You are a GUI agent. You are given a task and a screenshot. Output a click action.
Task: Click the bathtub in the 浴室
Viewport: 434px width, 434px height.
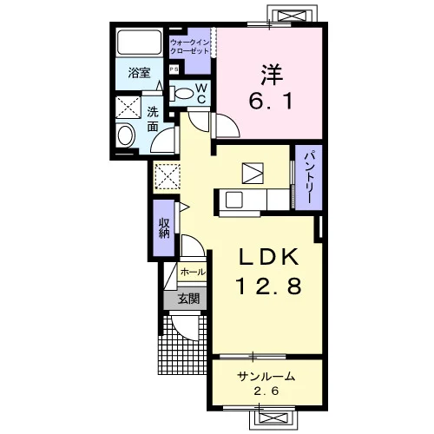pyautogui.click(x=139, y=43)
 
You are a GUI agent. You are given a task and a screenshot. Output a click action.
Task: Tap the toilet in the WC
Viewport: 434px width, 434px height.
pyautogui.click(x=181, y=94)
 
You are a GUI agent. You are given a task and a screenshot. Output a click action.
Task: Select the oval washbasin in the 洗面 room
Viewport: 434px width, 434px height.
pyautogui.click(x=127, y=135)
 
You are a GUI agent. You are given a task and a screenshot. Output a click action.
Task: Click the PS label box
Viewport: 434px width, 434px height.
pyautogui.click(x=174, y=69)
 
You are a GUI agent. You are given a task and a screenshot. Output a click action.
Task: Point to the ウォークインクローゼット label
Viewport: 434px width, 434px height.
pyautogui.click(x=189, y=47)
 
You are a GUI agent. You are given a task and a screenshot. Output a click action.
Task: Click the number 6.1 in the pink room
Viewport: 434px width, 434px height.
pyautogui.click(x=271, y=101)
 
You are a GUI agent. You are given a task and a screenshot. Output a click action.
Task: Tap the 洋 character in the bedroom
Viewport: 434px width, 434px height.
pyautogui.click(x=272, y=75)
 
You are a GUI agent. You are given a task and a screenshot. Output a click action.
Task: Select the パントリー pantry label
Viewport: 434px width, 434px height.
pyautogui.click(x=308, y=177)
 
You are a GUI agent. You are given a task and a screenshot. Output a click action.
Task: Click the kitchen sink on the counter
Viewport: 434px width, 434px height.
pyautogui.click(x=233, y=200)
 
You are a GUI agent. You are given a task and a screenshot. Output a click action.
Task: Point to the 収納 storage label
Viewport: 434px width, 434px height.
pyautogui.click(x=164, y=227)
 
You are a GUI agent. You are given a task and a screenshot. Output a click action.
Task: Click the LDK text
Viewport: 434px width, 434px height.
pyautogui.click(x=268, y=257)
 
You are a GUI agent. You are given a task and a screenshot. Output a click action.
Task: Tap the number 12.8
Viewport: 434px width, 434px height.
pyautogui.click(x=269, y=286)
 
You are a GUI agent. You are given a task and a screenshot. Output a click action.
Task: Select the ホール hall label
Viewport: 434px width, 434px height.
pyautogui.click(x=193, y=272)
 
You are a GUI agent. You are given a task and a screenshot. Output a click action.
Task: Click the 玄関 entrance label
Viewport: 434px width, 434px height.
pyautogui.click(x=188, y=299)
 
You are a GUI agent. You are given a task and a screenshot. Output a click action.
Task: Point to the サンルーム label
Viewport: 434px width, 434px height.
pyautogui.click(x=266, y=377)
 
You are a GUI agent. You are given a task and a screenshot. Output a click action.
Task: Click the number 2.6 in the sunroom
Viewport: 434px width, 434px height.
pyautogui.click(x=266, y=391)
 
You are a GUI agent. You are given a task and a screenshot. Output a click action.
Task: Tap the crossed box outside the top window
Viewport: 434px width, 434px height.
pyautogui.click(x=292, y=15)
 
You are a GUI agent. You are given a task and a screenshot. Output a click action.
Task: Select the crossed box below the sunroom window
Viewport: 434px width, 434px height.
pyautogui.click(x=273, y=418)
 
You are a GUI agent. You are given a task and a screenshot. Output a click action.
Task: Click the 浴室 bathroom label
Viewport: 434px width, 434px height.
pyautogui.click(x=139, y=73)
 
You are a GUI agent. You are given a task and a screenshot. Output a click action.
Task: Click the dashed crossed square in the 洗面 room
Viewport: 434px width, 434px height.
pyautogui.click(x=128, y=108)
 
